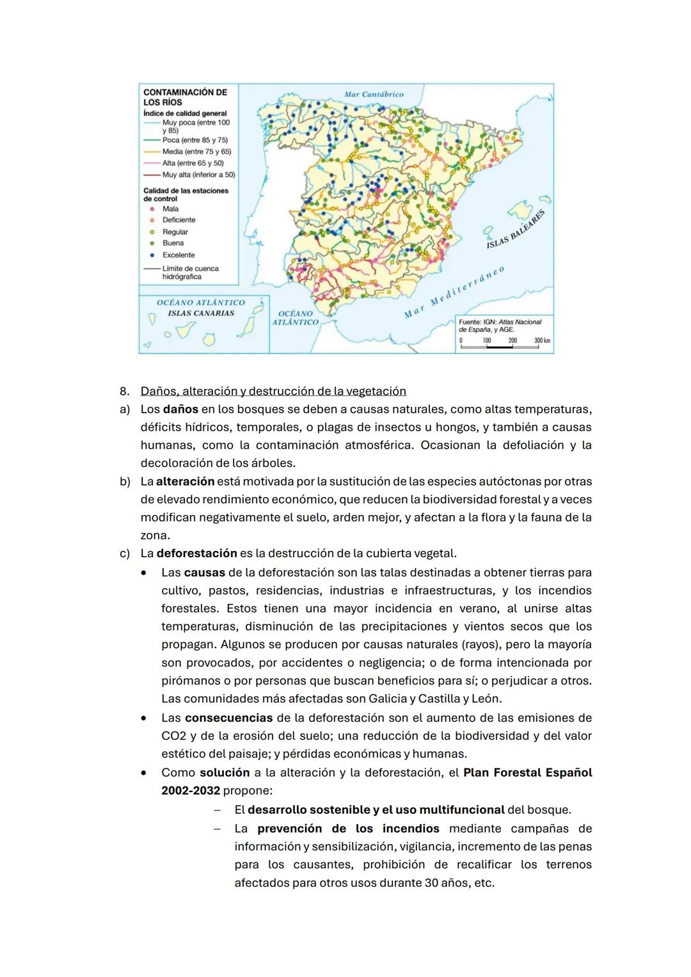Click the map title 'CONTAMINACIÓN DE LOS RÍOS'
(x=184, y=97)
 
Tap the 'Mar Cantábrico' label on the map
(x=374, y=94)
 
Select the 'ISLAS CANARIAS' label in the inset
(x=201, y=314)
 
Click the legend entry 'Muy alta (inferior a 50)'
(x=198, y=175)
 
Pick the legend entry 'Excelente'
(x=179, y=255)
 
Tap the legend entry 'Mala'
(x=170, y=209)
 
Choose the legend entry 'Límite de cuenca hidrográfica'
(x=190, y=273)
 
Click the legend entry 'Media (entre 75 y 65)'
(x=196, y=152)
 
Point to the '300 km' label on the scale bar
(x=542, y=340)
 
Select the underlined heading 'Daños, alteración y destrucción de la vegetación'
(x=273, y=391)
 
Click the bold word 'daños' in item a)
(x=180, y=409)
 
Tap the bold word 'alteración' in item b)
(x=185, y=481)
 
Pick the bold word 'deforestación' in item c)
(x=196, y=553)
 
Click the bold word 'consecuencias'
(x=228, y=718)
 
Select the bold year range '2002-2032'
(x=191, y=790)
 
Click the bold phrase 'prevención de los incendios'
(x=348, y=829)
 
